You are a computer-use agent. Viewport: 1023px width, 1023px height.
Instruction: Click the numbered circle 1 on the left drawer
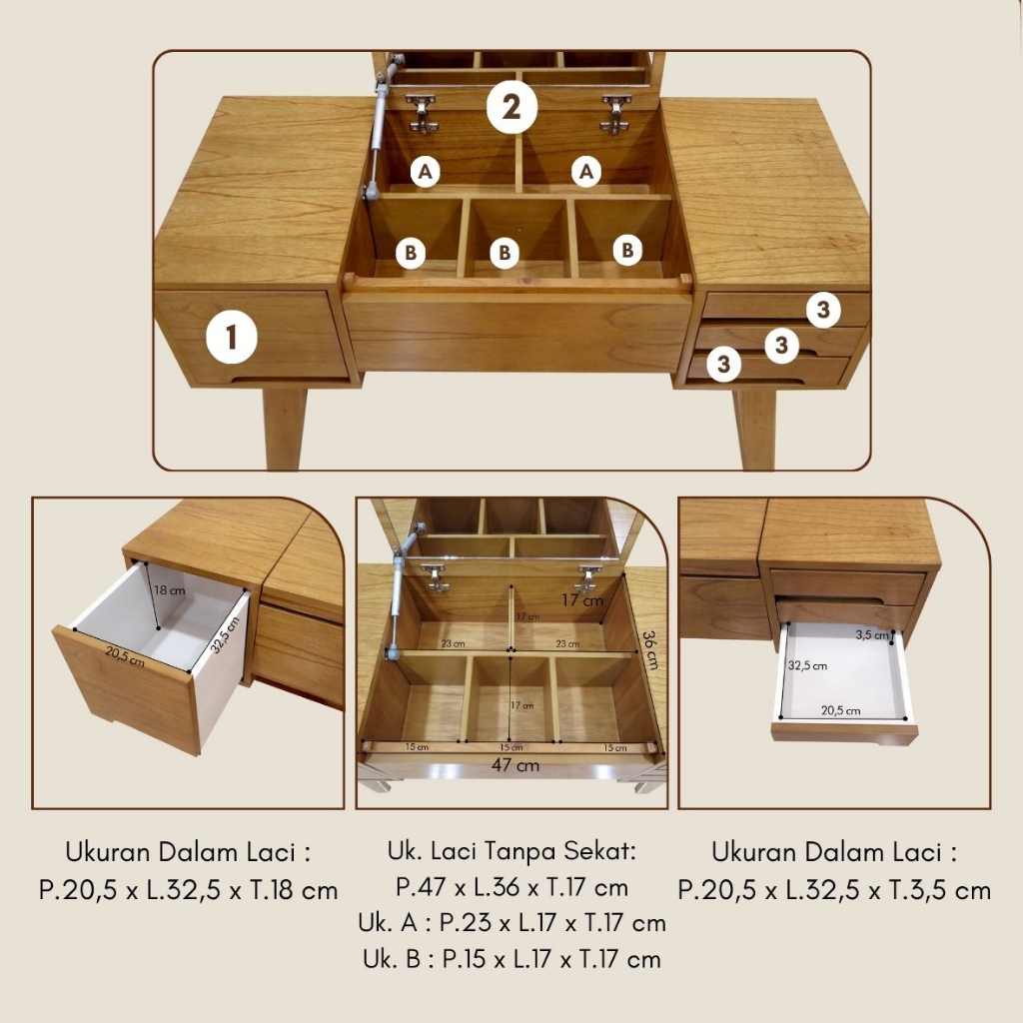[231, 338]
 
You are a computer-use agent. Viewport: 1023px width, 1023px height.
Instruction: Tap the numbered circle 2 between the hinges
[512, 107]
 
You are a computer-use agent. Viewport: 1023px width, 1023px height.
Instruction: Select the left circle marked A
[425, 172]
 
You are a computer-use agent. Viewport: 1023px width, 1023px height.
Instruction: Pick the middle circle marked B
[505, 253]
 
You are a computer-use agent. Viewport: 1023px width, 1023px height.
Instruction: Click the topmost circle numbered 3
[823, 310]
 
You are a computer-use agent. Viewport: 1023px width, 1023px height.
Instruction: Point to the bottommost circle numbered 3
[723, 364]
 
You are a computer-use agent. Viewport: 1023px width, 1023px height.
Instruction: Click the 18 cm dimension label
[170, 590]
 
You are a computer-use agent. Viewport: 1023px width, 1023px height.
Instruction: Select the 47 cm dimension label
[515, 764]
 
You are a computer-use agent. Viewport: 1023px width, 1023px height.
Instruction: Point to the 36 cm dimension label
[649, 649]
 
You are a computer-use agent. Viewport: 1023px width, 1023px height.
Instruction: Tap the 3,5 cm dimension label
[872, 634]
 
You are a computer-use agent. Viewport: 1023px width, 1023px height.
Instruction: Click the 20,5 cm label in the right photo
[840, 710]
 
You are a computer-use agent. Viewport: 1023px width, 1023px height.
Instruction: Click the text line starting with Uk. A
[512, 922]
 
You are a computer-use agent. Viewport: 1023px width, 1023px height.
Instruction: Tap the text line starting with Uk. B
[512, 959]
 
